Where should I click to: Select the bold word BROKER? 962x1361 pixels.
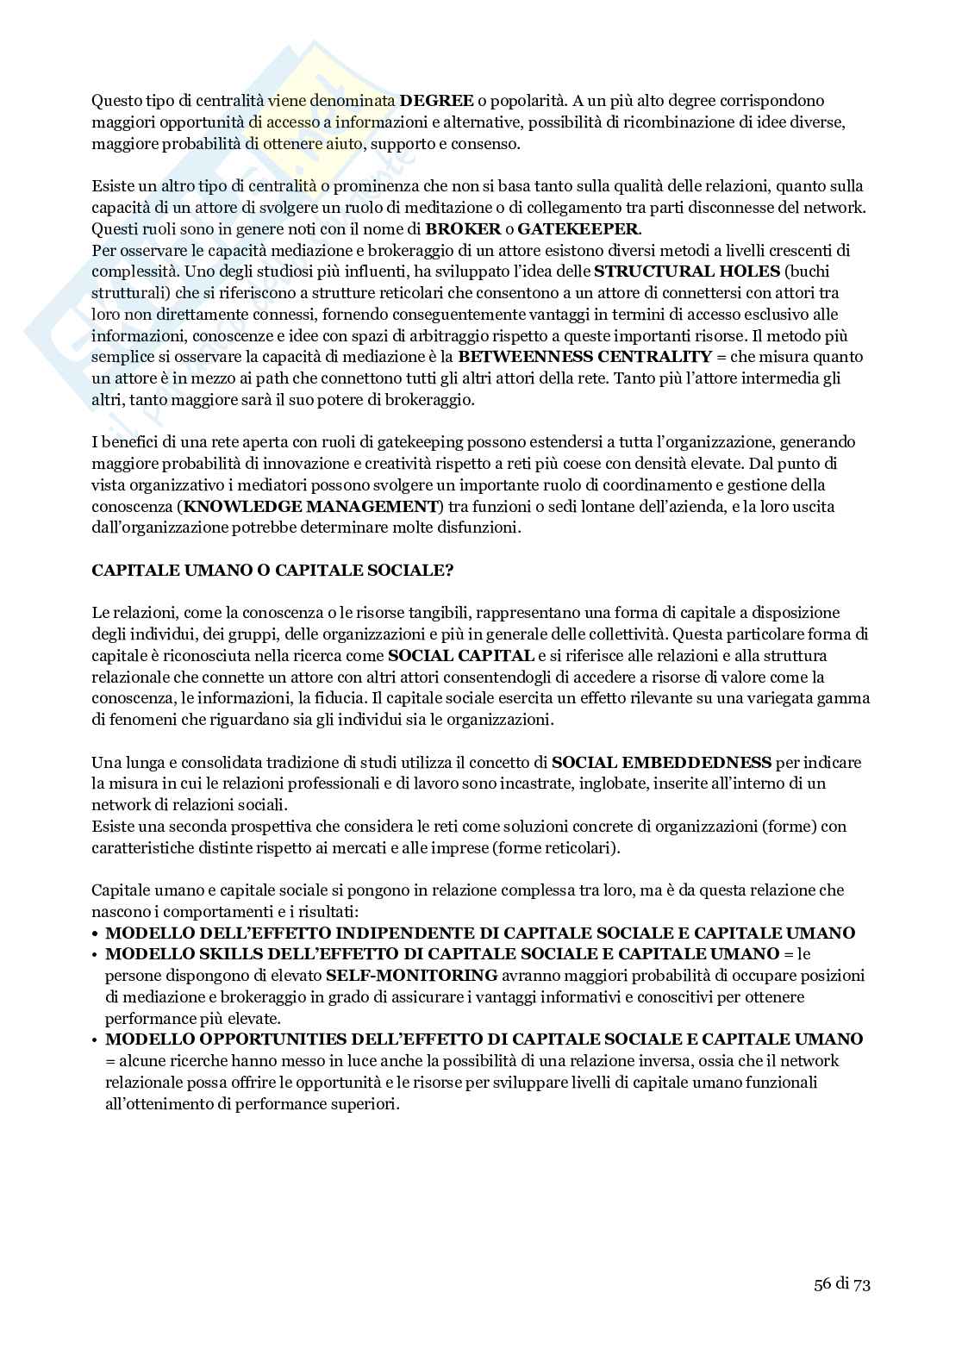(x=446, y=228)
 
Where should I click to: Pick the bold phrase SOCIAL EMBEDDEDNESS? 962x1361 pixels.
(x=661, y=762)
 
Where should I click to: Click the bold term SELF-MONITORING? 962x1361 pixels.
(x=412, y=976)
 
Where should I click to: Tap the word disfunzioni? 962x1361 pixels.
(x=484, y=527)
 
